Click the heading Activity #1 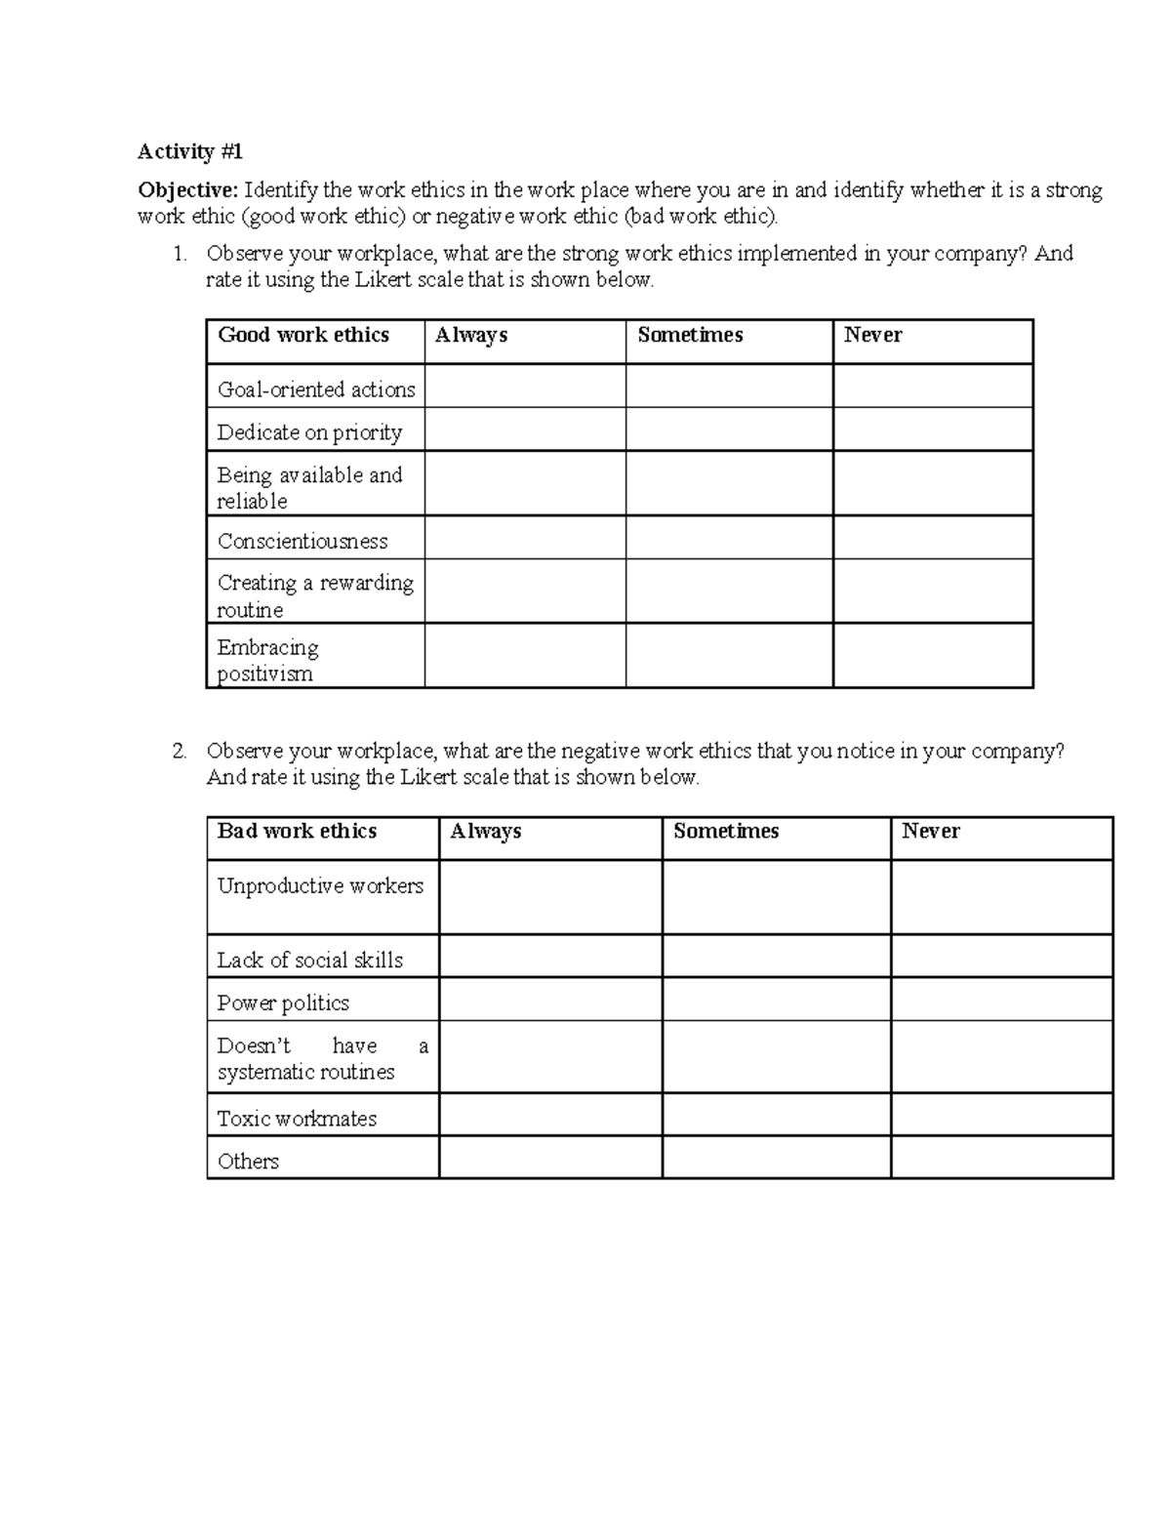tap(189, 151)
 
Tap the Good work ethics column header tap(303, 335)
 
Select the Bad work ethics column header tap(297, 831)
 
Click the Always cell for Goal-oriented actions tap(524, 387)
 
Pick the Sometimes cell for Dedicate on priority tap(729, 430)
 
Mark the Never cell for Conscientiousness tap(932, 538)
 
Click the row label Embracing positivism tap(267, 660)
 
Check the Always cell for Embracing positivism tap(524, 656)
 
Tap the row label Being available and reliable tap(309, 487)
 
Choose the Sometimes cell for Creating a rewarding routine tap(729, 592)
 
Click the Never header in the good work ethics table tap(872, 335)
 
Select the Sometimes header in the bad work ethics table tap(726, 831)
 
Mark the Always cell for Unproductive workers tap(550, 897)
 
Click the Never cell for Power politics tap(1001, 1000)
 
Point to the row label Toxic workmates tap(297, 1119)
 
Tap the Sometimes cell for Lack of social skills tap(776, 957)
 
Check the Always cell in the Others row tap(550, 1158)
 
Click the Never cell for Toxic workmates tap(1001, 1114)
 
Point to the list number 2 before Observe tap(179, 751)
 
